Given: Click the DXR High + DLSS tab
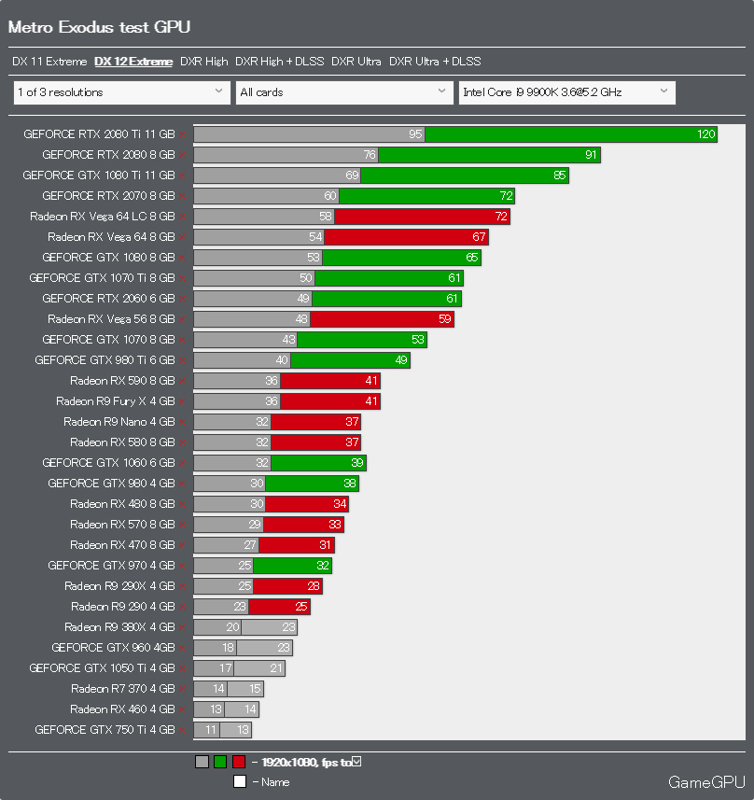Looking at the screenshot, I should tap(279, 62).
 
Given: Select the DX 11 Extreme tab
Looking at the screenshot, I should tap(49, 62).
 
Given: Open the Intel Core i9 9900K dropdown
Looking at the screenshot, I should tap(566, 92).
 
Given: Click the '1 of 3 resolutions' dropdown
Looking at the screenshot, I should tap(121, 92).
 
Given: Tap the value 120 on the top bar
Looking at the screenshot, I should tap(705, 134).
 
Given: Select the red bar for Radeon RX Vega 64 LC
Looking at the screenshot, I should tap(422, 217).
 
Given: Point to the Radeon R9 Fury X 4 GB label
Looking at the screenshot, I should tap(115, 401).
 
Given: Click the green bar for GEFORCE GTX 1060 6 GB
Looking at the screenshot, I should tap(317, 463).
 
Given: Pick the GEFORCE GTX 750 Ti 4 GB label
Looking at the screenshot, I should tap(105, 730).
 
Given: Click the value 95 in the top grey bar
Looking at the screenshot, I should tap(415, 134).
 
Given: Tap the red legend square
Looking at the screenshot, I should tap(239, 762).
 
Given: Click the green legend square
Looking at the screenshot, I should tap(220, 762).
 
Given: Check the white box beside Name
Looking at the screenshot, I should tap(240, 782).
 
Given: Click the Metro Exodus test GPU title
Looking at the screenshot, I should tap(99, 27).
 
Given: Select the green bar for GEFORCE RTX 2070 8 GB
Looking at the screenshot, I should tap(426, 196).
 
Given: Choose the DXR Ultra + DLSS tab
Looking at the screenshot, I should tap(435, 62).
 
